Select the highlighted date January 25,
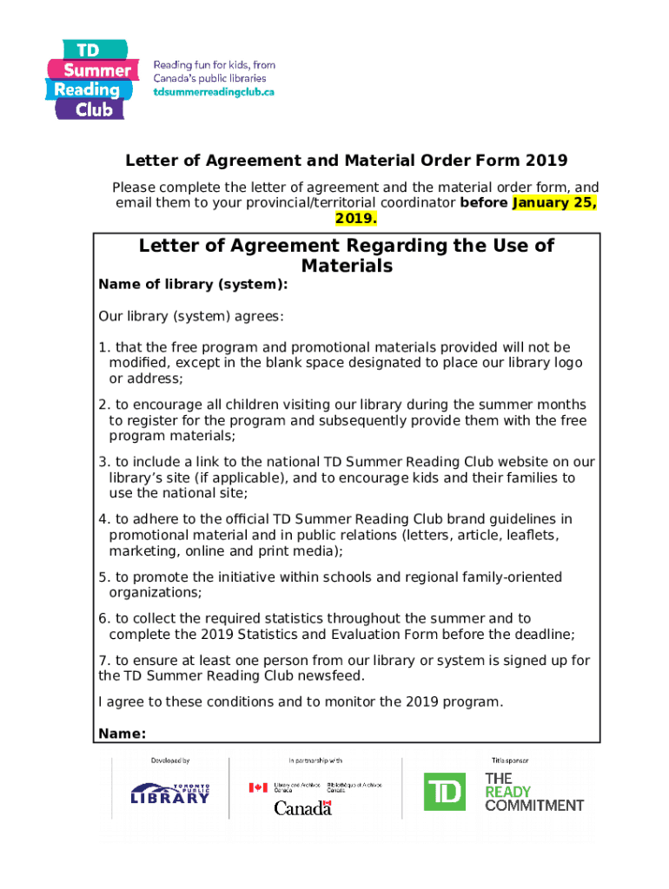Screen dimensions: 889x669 tap(554, 203)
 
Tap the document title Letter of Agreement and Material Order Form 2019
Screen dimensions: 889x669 tap(346, 161)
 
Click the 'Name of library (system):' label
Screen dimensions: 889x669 tap(193, 285)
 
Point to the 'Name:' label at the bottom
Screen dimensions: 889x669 tap(122, 734)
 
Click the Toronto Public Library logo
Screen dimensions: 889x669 tap(170, 792)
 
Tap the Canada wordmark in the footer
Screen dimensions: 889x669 tap(302, 808)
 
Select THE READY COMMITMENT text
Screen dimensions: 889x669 tap(533, 792)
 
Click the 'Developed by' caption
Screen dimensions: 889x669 tap(170, 761)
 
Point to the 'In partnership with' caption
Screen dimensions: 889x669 tap(315, 761)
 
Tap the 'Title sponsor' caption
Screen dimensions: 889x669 tap(509, 761)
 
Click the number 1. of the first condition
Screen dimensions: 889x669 tap(103, 347)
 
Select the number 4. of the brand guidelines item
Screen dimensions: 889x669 tap(103, 519)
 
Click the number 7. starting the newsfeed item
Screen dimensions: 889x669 tap(103, 661)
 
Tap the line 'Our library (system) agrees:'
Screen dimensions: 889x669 tap(191, 316)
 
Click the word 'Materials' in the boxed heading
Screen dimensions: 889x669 tap(346, 267)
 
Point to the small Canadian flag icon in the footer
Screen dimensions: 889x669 tap(258, 787)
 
